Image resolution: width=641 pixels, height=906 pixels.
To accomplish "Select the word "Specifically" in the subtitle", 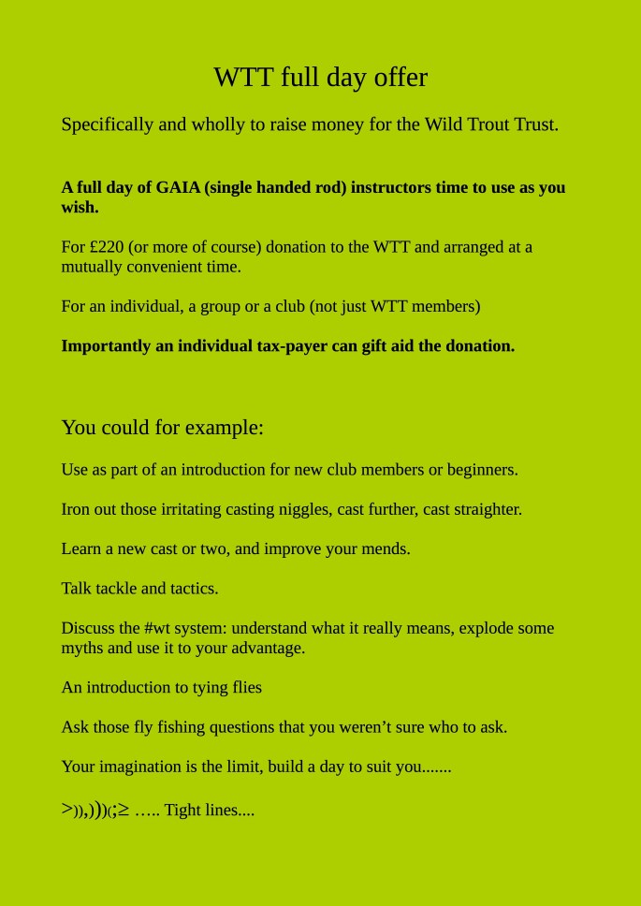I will (x=107, y=124).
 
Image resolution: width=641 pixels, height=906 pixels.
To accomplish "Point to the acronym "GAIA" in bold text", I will (x=178, y=187).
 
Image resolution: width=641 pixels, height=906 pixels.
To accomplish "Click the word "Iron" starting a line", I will (x=76, y=509).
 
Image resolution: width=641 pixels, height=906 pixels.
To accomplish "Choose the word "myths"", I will (x=81, y=648).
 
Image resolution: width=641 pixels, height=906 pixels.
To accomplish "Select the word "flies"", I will (x=247, y=688).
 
